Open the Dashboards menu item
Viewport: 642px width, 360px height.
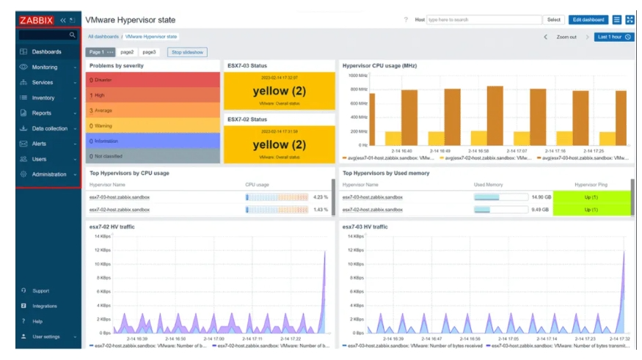click(46, 52)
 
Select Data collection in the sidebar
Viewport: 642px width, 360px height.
click(49, 128)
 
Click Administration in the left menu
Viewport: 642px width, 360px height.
click(48, 175)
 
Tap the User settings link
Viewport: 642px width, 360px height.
click(46, 337)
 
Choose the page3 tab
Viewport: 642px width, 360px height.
click(150, 52)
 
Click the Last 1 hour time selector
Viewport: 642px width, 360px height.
click(615, 37)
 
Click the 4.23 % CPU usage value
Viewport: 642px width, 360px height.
click(320, 197)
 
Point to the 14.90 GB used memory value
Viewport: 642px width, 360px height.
click(541, 197)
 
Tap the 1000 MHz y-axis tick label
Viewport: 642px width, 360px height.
click(358, 76)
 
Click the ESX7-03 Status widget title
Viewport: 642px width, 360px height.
click(247, 66)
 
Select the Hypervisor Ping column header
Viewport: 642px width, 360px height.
click(591, 185)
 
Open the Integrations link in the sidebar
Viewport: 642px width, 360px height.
click(45, 306)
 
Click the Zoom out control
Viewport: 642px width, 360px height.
click(566, 37)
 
